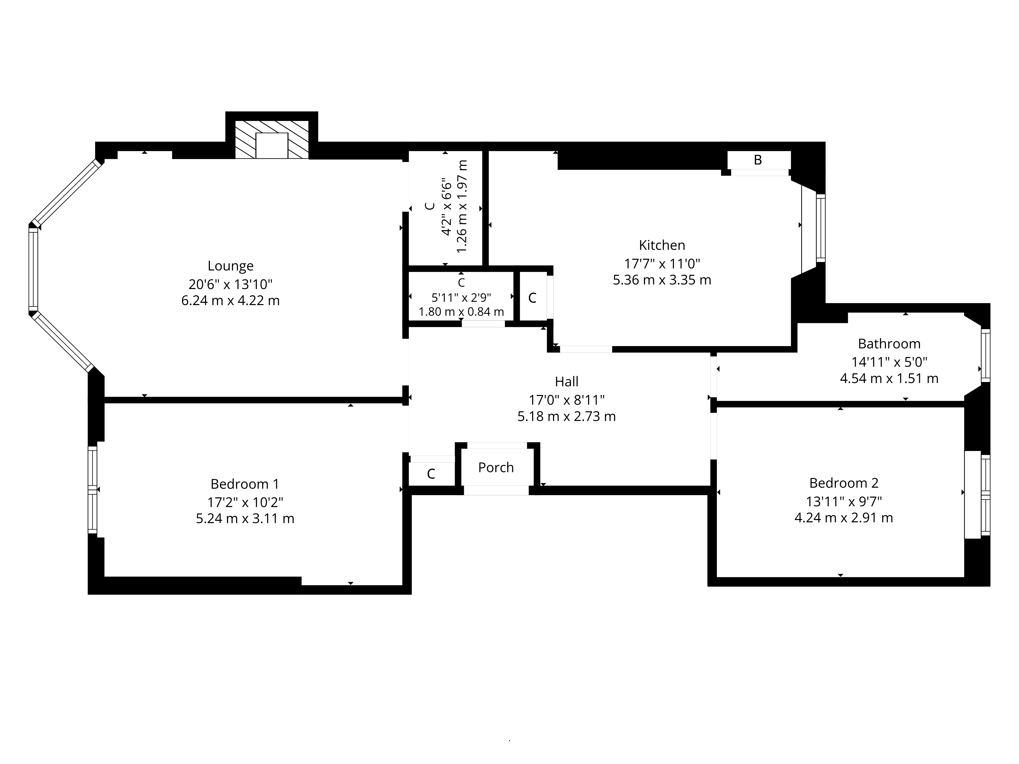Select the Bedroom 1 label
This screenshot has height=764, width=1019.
[x=245, y=484]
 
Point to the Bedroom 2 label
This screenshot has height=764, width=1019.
[x=843, y=483]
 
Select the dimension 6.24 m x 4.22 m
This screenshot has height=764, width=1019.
[x=230, y=301]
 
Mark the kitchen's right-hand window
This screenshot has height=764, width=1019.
[x=821, y=228]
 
